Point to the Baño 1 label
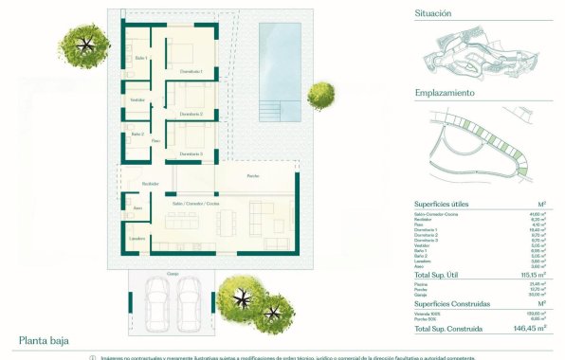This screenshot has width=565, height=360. (x=141, y=59)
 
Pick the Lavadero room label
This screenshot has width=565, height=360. (x=137, y=239)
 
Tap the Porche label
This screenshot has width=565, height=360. (x=253, y=176)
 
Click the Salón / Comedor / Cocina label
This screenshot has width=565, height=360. (x=196, y=204)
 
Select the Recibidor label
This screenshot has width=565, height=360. (x=150, y=183)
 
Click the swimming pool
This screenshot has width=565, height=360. (x=281, y=57)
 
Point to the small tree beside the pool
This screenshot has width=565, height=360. (x=320, y=93)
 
